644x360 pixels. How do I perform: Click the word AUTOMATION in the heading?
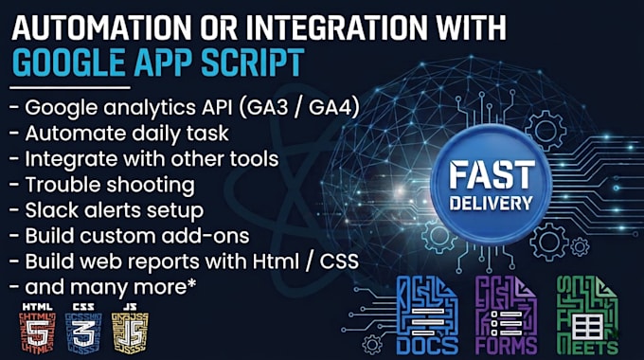(101, 27)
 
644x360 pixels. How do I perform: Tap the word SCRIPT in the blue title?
(253, 63)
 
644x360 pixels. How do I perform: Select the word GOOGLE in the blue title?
(68, 63)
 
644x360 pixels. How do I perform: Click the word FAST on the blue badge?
(492, 174)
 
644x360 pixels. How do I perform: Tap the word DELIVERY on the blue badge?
(492, 203)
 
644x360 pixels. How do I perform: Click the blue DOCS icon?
(427, 315)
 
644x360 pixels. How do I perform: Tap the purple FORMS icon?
(506, 315)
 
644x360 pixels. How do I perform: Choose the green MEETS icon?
(587, 315)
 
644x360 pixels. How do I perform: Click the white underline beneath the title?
(70, 87)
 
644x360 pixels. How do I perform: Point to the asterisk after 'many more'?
(191, 283)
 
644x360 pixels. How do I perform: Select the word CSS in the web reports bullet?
(339, 261)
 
